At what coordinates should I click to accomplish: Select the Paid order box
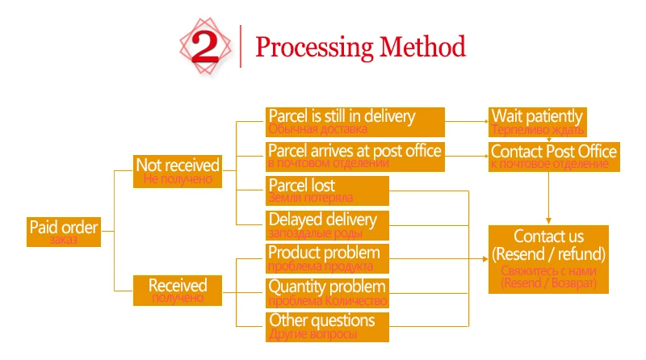click(63, 232)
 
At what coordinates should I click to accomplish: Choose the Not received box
click(177, 171)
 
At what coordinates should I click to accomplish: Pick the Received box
click(177, 290)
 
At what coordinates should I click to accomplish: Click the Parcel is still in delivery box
click(355, 121)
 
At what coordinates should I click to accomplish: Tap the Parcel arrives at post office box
click(355, 156)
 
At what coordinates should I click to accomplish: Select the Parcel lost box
click(327, 190)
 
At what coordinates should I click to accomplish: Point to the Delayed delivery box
click(327, 224)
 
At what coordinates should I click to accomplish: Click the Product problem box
click(327, 258)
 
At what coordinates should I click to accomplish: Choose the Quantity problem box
click(327, 292)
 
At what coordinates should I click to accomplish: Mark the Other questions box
click(327, 326)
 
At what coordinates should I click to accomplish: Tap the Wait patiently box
click(538, 121)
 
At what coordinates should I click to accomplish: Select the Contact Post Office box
click(553, 156)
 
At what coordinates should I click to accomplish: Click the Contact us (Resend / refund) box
click(549, 258)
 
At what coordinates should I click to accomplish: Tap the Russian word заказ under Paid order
click(63, 240)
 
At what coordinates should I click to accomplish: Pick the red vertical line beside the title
click(241, 46)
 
